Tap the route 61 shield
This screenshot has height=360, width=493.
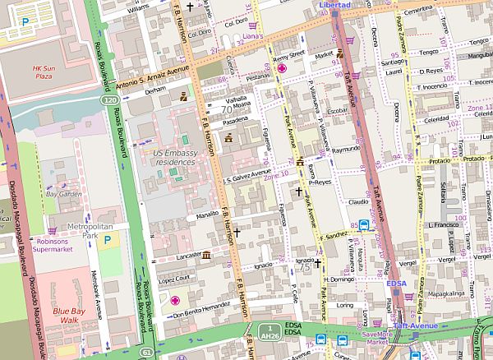(146, 328)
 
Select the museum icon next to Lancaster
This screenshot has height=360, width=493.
(205, 257)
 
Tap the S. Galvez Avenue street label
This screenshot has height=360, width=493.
(247, 177)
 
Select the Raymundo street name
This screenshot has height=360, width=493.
(346, 150)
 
